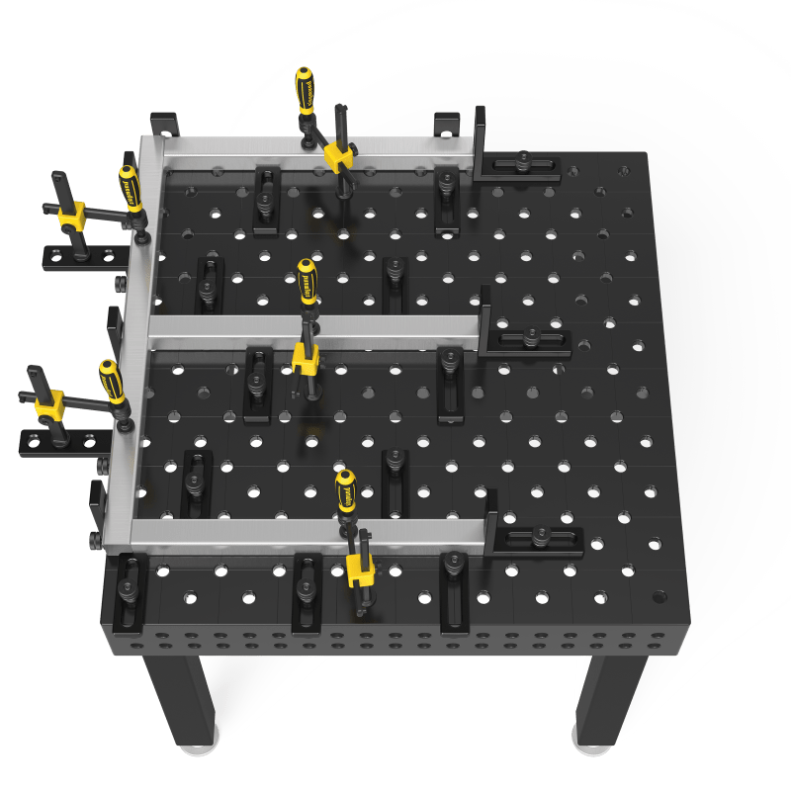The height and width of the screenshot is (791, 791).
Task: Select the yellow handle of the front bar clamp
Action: pyautogui.click(x=345, y=491)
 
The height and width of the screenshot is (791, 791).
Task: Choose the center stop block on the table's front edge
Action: pyautogui.click(x=307, y=593)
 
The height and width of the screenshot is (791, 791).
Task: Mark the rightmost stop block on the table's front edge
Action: pyautogui.click(x=455, y=591)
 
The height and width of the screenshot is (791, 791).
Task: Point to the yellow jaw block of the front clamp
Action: pyautogui.click(x=359, y=569)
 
